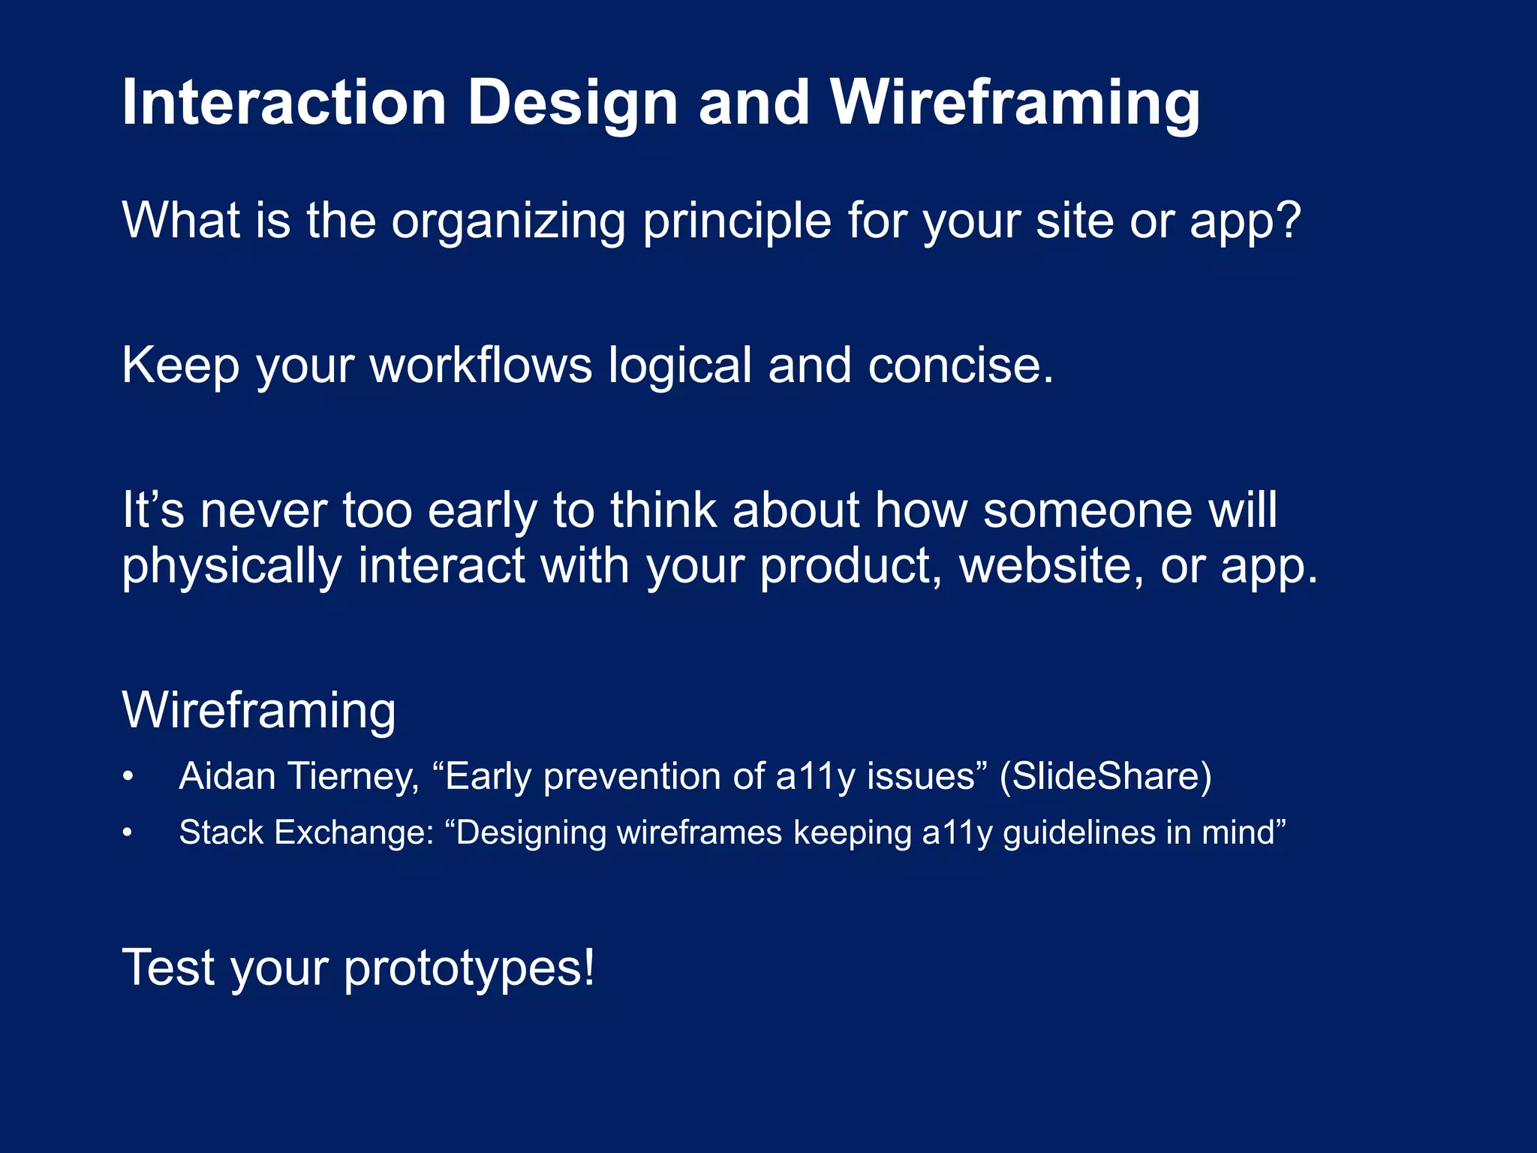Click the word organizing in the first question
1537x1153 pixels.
[x=508, y=221]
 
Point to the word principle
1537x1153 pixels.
[x=737, y=221]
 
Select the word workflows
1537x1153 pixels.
[x=481, y=366]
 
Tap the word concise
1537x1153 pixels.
[x=961, y=366]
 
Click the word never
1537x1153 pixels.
[x=263, y=510]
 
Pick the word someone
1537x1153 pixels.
[x=1087, y=510]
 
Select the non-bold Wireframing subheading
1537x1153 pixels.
[x=259, y=710]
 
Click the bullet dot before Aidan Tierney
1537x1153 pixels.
[x=128, y=776]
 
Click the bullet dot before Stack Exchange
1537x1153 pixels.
[x=128, y=832]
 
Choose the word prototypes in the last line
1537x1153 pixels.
[x=469, y=968]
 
